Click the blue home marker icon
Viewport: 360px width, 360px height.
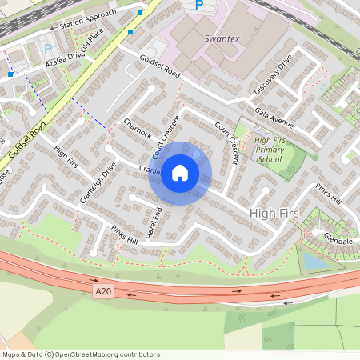180,173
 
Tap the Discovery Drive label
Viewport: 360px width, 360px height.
274,74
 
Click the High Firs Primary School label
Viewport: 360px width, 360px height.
270,150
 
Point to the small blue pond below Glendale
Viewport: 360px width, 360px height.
315,261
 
